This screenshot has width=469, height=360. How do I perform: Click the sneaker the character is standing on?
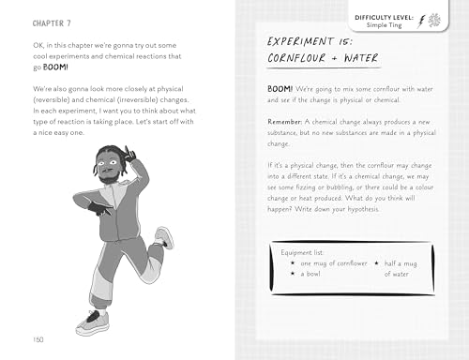[x=89, y=322]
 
